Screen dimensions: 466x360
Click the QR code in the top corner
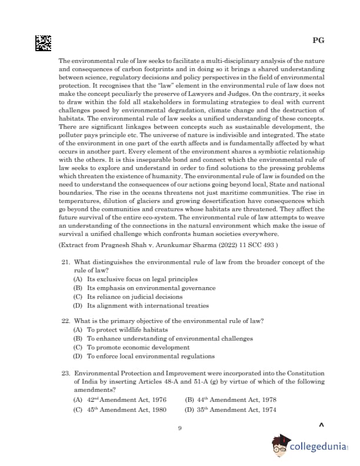pyautogui.click(x=43, y=43)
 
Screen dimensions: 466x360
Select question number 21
pyautogui.click(x=66, y=262)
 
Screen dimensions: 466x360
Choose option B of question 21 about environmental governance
pyautogui.click(x=145, y=288)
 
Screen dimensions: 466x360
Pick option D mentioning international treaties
pyautogui.click(x=141, y=306)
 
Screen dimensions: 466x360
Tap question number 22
pyautogui.click(x=66, y=321)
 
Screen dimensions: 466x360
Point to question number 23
pyautogui.click(x=66, y=373)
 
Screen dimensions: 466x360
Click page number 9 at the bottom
pyautogui.click(x=180, y=428)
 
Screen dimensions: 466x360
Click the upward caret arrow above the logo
pyautogui.click(x=321, y=425)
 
